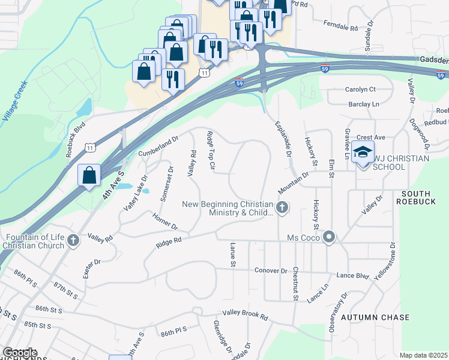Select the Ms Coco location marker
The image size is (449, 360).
329,238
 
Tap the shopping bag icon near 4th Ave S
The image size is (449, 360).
89,175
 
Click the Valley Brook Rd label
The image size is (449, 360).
245,314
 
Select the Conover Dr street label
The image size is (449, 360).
271,271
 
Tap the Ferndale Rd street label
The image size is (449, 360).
340,28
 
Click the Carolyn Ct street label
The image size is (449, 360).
360,89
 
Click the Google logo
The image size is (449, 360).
20,353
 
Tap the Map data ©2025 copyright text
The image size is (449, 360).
423,355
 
